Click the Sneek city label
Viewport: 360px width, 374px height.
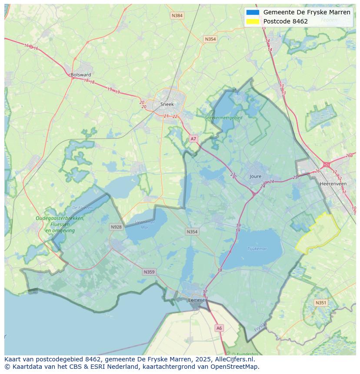pyautogui.click(x=167, y=104)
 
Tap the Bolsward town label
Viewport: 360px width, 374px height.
pyautogui.click(x=81, y=75)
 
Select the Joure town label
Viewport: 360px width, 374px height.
pyautogui.click(x=256, y=176)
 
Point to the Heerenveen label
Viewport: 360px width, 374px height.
pyautogui.click(x=333, y=184)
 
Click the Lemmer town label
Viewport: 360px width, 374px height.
pyautogui.click(x=197, y=300)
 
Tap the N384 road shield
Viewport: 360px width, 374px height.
pyautogui.click(x=177, y=16)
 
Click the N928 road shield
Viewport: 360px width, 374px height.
pyautogui.click(x=116, y=227)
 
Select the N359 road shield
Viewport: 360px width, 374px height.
pyautogui.click(x=149, y=272)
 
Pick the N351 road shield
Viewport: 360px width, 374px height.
pyautogui.click(x=321, y=303)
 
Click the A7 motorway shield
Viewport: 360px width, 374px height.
pyautogui.click(x=193, y=139)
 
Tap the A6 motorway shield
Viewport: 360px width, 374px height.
pyautogui.click(x=219, y=328)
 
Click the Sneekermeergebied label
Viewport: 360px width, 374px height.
pyautogui.click(x=223, y=117)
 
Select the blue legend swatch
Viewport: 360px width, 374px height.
pyautogui.click(x=253, y=12)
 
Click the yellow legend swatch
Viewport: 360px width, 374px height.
pyautogui.click(x=253, y=21)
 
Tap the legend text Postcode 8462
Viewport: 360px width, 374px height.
pyautogui.click(x=285, y=21)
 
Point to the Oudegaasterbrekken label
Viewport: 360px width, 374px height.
pyautogui.click(x=60, y=218)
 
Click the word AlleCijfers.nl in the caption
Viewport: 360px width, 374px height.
pyautogui.click(x=235, y=359)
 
